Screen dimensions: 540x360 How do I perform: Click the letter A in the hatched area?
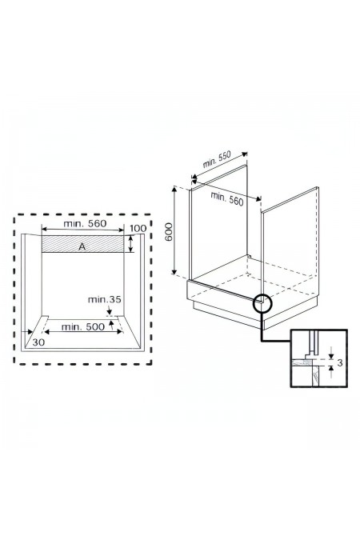pos(82,247)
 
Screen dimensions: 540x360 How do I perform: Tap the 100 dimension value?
pos(137,230)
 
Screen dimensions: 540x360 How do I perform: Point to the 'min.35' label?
pos(105,299)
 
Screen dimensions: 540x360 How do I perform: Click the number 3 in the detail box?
pos(339,364)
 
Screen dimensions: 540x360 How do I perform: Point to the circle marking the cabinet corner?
pos(263,303)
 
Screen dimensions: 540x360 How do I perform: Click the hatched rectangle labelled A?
pos(64,244)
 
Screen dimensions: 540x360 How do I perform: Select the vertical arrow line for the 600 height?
pos(174,230)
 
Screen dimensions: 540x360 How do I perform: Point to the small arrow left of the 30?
pos(33,332)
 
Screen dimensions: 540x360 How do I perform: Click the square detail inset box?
pos(318,359)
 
